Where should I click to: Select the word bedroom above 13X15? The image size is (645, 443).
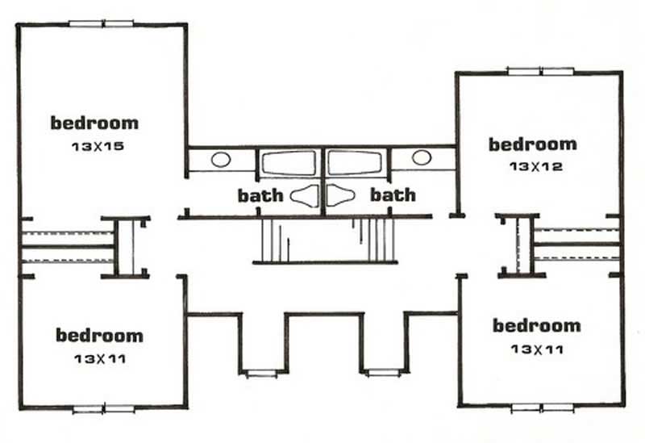pos(94,123)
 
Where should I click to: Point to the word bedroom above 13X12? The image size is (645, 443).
pos(533,144)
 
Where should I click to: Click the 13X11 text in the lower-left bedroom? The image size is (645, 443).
pos(99,357)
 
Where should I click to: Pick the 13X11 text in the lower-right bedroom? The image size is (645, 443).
pos(536,349)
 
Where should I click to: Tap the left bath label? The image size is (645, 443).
pos(260,195)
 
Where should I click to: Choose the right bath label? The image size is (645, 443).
pos(393,195)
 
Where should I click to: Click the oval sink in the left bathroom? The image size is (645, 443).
pos(221,160)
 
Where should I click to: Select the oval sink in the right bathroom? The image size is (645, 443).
pos(422,157)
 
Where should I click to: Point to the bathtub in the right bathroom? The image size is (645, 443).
pos(355,163)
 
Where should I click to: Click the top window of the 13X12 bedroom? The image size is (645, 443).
pos(540,71)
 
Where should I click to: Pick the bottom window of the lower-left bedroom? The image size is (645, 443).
pos(103,409)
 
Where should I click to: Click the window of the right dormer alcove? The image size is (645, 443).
pos(383,372)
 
